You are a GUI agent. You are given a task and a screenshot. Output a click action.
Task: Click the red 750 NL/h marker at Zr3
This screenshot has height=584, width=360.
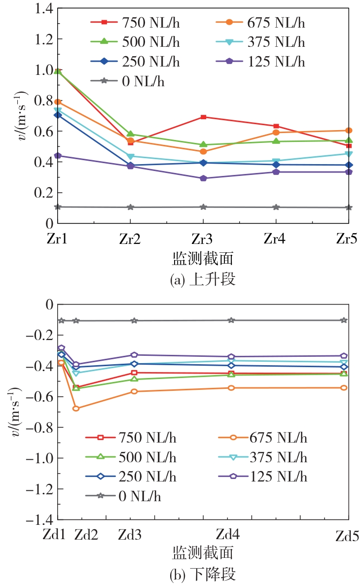[x=203, y=117]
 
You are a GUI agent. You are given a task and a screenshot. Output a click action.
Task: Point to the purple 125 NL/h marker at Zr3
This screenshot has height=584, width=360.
[x=203, y=178]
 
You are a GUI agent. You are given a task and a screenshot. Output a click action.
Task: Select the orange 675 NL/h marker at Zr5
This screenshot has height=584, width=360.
[x=349, y=131]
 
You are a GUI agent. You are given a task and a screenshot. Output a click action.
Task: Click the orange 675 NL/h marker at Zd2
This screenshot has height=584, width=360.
[x=76, y=408]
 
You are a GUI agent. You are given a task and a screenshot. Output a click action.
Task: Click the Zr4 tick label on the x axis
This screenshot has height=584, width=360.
[x=276, y=240]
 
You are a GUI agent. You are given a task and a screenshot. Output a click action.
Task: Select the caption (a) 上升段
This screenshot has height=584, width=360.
[x=203, y=280]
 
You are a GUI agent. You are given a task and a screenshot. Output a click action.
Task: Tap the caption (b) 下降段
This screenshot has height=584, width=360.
[x=203, y=575]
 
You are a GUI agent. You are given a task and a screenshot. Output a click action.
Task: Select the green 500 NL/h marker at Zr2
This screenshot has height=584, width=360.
[x=131, y=134]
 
